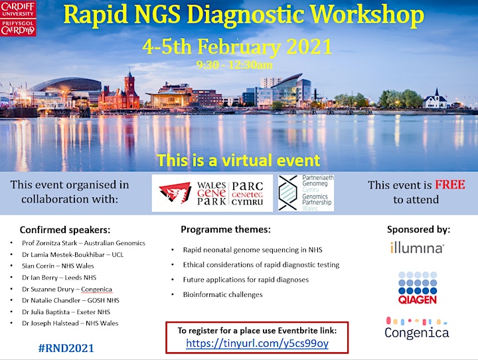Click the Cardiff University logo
(x=18, y=19)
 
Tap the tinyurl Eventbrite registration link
(x=258, y=343)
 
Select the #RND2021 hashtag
(x=66, y=348)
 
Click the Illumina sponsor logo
(x=417, y=248)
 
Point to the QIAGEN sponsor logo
(x=418, y=288)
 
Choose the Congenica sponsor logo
(x=417, y=328)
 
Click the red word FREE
(x=450, y=185)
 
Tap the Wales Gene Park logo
(x=212, y=193)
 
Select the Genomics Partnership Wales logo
(x=306, y=193)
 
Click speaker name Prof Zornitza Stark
(x=49, y=243)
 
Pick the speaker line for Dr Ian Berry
(x=59, y=278)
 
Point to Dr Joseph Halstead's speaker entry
(x=70, y=323)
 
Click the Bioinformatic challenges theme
(x=222, y=295)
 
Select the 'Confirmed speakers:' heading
(x=65, y=230)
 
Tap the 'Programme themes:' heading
(x=226, y=229)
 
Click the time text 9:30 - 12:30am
(x=234, y=65)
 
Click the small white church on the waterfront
(x=436, y=99)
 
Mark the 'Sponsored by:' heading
(x=418, y=229)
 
